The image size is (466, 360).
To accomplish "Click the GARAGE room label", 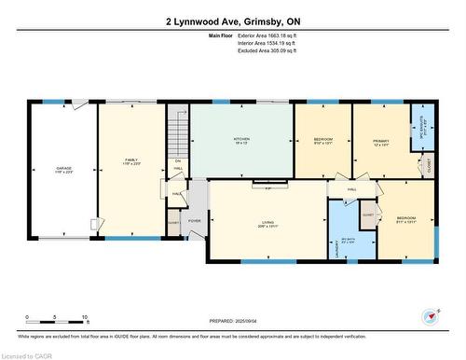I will [63, 169].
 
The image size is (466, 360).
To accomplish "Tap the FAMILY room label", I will [130, 160].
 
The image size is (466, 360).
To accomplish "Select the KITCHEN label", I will [241, 139].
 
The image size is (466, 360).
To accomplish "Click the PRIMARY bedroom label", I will [381, 143].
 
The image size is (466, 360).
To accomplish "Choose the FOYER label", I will [195, 221].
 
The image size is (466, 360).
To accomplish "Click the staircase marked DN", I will [177, 140].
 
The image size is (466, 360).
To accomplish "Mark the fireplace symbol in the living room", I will [268, 188].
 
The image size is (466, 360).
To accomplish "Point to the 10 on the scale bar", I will [85, 318].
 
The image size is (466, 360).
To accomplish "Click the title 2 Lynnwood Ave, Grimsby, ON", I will [233, 21].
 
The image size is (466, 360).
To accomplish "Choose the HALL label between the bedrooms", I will [352, 189].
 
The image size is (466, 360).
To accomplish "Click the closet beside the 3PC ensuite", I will [429, 164].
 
